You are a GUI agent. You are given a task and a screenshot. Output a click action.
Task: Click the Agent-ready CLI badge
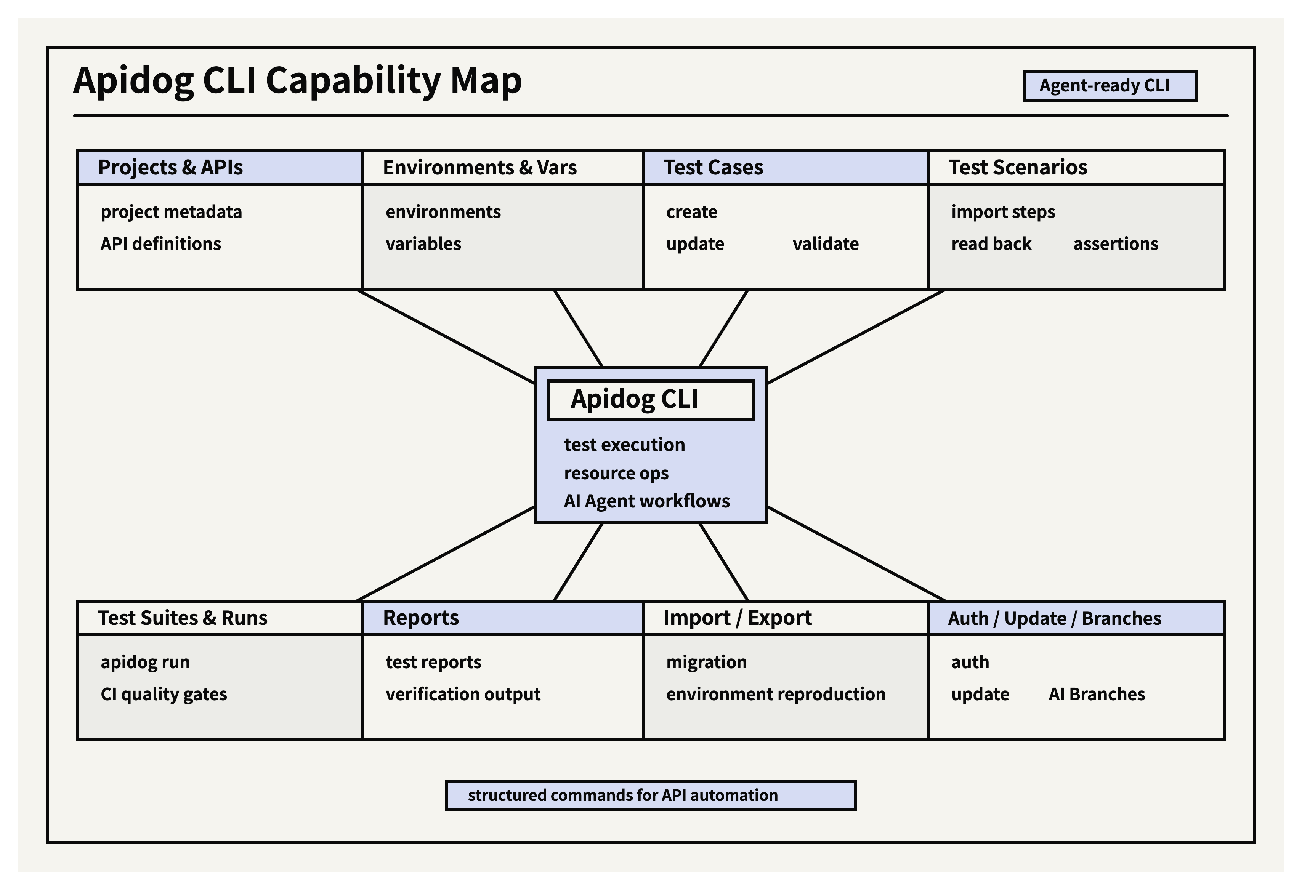tap(1110, 86)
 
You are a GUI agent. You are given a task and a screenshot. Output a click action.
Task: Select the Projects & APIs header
tap(170, 168)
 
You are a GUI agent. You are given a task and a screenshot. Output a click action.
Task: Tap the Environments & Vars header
tap(479, 168)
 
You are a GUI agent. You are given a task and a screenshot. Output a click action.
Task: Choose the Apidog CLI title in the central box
tap(634, 399)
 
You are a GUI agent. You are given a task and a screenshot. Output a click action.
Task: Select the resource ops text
tap(616, 473)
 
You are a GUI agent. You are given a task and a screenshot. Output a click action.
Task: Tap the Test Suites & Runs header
tap(183, 618)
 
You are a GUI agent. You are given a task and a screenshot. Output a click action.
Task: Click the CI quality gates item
tap(164, 695)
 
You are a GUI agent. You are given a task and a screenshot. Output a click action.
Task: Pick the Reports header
tap(421, 618)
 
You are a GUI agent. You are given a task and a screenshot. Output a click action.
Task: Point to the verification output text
tap(463, 695)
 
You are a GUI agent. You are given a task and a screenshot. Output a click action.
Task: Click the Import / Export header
tap(737, 618)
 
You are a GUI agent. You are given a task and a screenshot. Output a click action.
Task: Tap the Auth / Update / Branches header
tap(1054, 618)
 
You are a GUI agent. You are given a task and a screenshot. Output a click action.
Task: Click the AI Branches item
tap(1097, 695)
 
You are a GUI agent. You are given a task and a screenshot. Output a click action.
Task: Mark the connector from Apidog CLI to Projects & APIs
tap(446, 337)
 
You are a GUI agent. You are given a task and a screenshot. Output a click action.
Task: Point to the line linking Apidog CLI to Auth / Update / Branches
tap(856, 553)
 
